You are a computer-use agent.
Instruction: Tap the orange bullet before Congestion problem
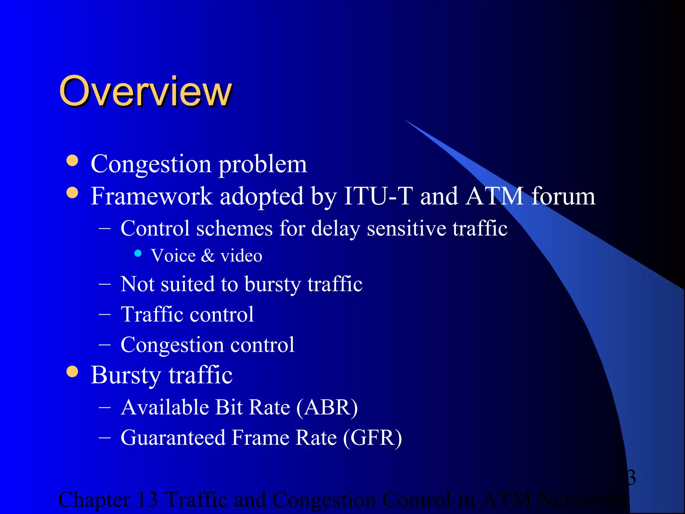coord(72,161)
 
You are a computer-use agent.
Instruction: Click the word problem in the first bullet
coord(263,165)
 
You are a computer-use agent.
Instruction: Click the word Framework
coord(152,196)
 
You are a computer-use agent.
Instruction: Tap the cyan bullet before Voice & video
coord(138,253)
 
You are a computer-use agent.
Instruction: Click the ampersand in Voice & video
coord(208,256)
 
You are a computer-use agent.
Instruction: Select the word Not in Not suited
coord(137,284)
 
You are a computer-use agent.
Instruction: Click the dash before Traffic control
coord(105,315)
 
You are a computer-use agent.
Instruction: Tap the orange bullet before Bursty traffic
coord(72,371)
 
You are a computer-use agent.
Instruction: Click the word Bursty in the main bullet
coord(125,375)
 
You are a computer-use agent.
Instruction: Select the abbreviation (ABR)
coord(327,408)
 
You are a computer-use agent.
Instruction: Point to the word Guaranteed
coord(173,438)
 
